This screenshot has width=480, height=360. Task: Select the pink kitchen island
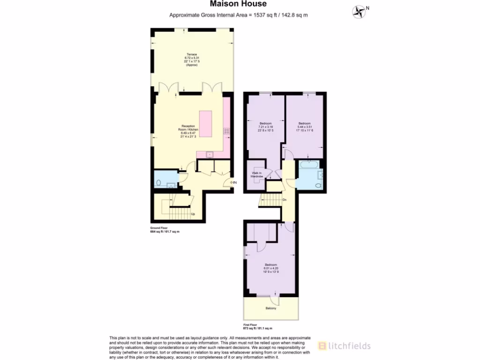point(207,123)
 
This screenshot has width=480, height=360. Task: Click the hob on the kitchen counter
point(227,131)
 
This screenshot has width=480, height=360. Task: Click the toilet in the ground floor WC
point(158,183)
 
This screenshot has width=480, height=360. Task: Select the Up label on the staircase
point(192,215)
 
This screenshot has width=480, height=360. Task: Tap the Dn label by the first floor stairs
point(285,200)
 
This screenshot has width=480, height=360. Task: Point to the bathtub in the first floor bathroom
point(309,165)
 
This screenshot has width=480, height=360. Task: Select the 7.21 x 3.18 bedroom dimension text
point(265,127)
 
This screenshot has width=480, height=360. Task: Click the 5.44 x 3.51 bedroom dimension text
point(305,127)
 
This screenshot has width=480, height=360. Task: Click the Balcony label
point(270,308)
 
